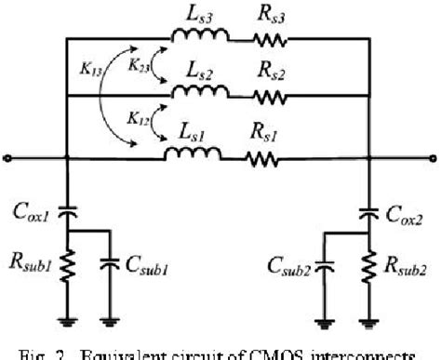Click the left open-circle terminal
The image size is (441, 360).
[7, 156]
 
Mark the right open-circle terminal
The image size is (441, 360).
[433, 156]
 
